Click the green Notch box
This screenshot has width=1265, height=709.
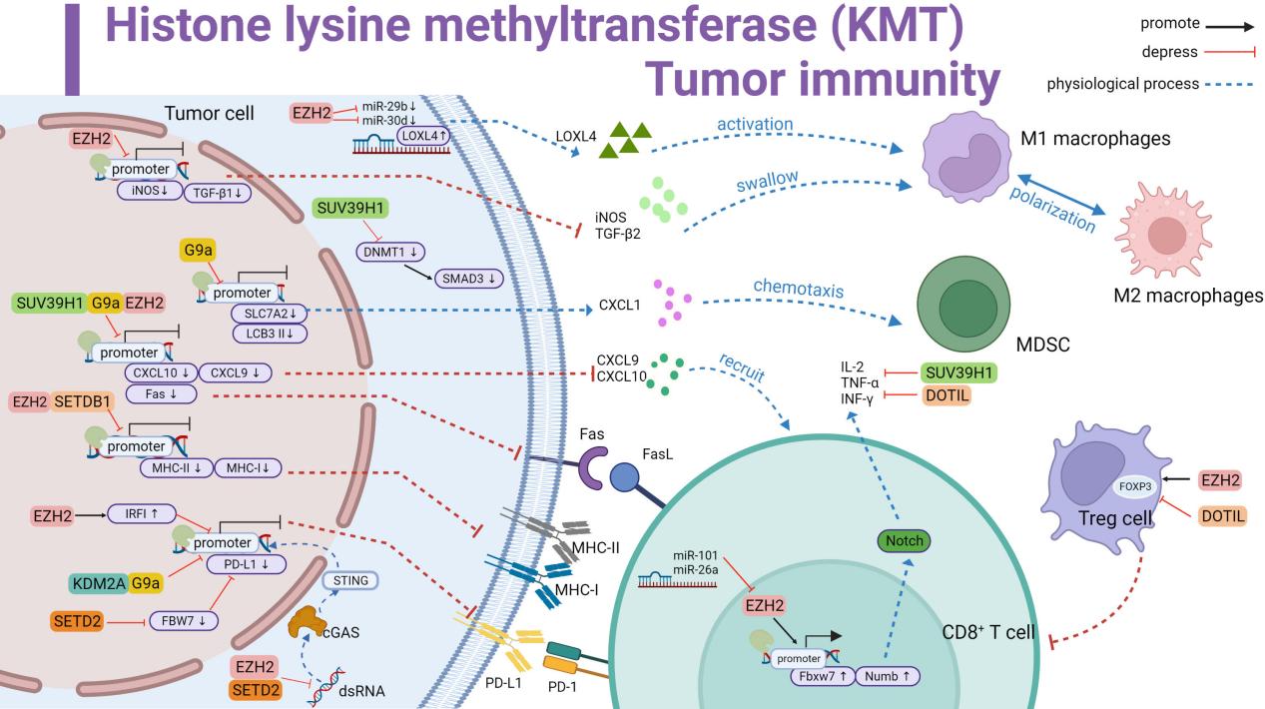[x=900, y=540]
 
